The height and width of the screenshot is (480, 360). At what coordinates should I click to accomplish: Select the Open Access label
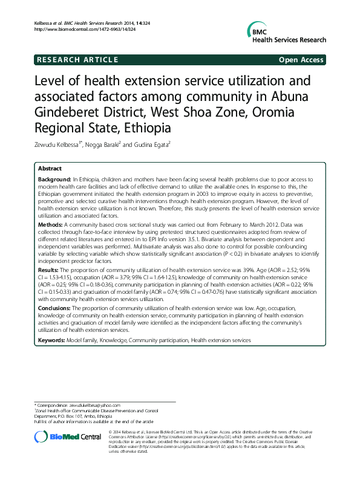click(301, 60)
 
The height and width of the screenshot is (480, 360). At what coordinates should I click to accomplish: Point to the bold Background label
click(54, 180)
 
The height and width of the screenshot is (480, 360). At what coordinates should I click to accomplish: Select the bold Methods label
click(51, 224)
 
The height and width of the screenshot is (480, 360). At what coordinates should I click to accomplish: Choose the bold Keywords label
click(52, 341)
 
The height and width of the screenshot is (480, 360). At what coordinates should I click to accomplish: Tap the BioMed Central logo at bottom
click(67, 437)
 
